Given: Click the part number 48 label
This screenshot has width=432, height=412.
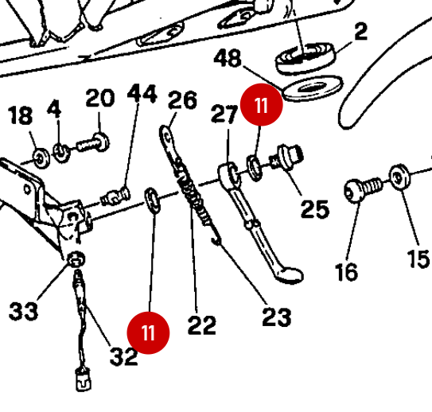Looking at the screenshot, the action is pos(228,58).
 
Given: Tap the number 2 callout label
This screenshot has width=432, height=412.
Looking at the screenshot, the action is pos(361,32).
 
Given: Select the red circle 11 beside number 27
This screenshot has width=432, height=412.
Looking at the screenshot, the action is pos(262,105).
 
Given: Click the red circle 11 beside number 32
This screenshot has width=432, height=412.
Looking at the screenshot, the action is pos(148,332).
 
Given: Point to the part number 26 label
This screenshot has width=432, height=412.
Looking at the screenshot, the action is pos(182,99).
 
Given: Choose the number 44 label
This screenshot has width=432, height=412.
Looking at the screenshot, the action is pos(142,93).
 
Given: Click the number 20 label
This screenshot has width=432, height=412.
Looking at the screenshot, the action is pos(100,98).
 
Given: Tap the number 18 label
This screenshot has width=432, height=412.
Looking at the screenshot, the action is pos(21,115).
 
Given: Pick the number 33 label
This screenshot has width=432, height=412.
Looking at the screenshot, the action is pos(23,311).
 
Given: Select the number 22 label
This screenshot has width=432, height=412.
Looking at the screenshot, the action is pos(201,325).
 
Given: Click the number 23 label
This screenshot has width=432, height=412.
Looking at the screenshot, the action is pos(277,317).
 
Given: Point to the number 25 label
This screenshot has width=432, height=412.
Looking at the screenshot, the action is pos(315,208).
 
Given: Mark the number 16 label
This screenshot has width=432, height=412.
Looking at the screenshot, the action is pos(346,272).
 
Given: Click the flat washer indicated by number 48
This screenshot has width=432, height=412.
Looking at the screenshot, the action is pos(313,88).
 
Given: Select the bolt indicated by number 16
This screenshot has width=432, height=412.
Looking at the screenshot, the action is pos(363,189).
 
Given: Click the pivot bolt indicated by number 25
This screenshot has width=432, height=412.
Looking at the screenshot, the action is pos(286,156).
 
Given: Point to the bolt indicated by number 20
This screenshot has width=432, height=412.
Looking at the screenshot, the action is pos(93,142).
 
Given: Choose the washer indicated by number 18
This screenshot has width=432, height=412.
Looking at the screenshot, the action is pos(41,158).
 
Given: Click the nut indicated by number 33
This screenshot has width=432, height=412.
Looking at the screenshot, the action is pos(76,259).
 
